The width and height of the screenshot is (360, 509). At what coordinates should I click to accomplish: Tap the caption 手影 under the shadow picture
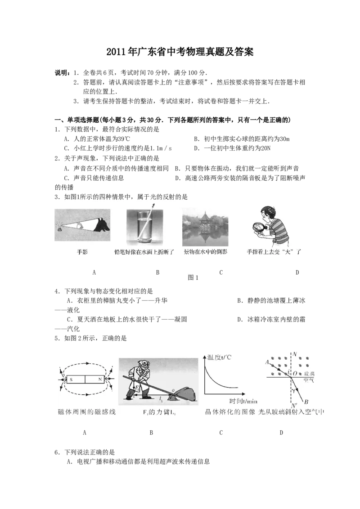pos(82,252)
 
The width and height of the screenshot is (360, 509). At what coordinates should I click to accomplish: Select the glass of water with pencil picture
pos(144,226)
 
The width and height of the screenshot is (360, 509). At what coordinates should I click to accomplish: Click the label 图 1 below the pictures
pos(193,277)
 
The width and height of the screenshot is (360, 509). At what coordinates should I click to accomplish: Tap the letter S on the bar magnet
pos(71,380)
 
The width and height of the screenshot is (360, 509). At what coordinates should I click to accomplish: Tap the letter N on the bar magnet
pos(99,379)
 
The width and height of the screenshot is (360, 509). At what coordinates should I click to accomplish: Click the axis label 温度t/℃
pos(219,357)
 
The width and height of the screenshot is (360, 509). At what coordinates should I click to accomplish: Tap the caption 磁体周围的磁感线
pos(87,412)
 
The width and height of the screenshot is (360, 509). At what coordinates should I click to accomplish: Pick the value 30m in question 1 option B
pos(284,139)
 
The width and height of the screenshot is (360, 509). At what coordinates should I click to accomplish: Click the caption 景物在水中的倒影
pos(205,252)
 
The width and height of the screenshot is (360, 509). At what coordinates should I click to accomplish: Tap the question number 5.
pos(56,338)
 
